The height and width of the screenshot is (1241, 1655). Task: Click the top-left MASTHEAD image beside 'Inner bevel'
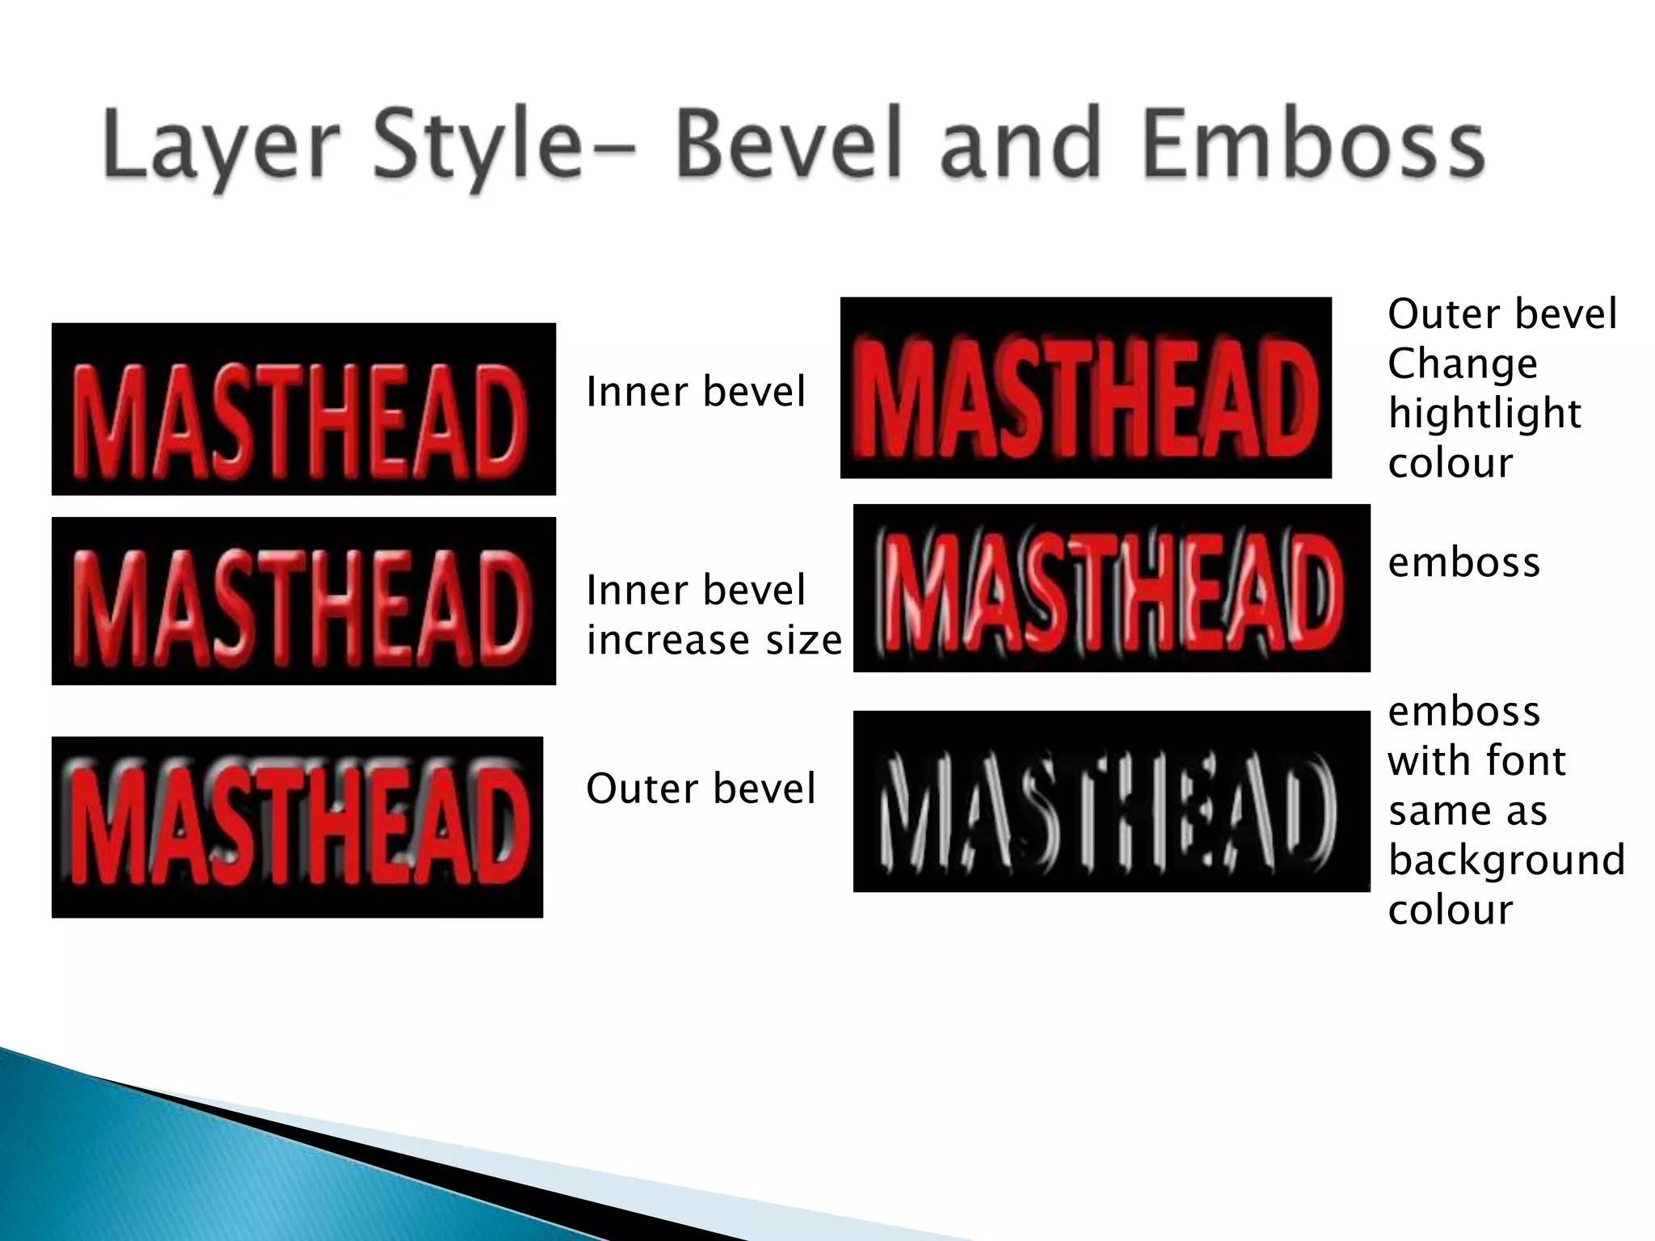[x=303, y=409]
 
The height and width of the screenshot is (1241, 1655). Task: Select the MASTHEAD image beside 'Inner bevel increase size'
[x=303, y=601]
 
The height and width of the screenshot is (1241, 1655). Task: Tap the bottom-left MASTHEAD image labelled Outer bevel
[x=297, y=827]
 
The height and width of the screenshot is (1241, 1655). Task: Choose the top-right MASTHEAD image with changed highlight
[x=1085, y=388]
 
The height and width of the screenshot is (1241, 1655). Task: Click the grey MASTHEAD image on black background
[x=1111, y=801]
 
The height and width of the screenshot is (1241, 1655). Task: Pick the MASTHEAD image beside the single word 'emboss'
[x=1111, y=588]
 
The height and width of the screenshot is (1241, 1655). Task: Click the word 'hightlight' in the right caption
[x=1484, y=414]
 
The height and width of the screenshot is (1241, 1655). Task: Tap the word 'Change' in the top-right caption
[x=1463, y=364]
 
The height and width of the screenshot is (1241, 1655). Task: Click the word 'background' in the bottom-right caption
[x=1506, y=860]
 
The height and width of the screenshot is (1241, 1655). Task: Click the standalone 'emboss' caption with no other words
[x=1463, y=562]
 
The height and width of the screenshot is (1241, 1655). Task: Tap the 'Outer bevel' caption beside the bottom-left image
[x=701, y=789]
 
